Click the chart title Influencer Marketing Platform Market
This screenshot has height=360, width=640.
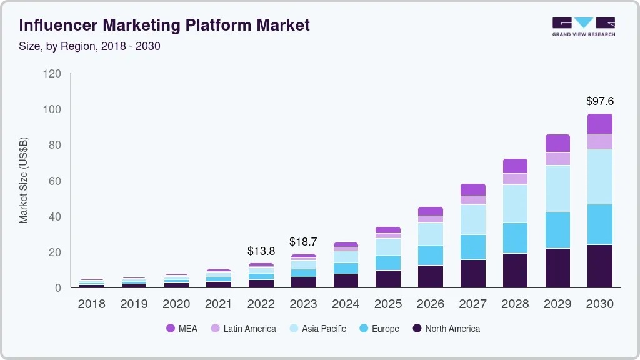164,26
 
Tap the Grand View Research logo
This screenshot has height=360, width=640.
583,26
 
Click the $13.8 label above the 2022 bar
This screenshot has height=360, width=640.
261,251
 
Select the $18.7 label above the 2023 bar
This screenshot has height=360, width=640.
303,242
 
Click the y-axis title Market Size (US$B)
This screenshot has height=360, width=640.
24,181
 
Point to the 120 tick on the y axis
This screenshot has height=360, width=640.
52,74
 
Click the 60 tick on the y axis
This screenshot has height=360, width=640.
55,181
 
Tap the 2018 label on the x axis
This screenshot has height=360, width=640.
92,304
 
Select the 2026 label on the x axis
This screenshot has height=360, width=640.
431,304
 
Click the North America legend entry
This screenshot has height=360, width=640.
446,329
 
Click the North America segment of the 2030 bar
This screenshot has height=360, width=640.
600,266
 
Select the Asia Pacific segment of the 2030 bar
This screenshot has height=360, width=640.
600,176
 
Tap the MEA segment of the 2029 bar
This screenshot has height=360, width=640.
557,143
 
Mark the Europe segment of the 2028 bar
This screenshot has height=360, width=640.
515,238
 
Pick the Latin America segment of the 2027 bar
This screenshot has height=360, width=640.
473,200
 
